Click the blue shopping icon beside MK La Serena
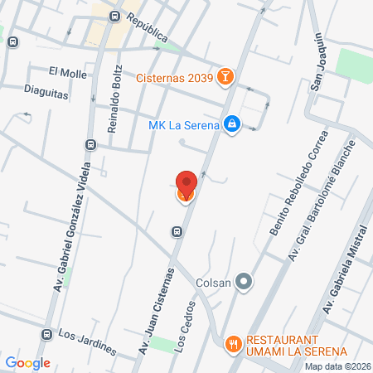(233, 125)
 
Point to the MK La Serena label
(183, 126)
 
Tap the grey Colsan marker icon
(244, 283)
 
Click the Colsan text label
(214, 283)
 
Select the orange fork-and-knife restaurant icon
(235, 342)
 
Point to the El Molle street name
(68, 73)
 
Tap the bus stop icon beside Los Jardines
(46, 335)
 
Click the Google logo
(27, 362)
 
